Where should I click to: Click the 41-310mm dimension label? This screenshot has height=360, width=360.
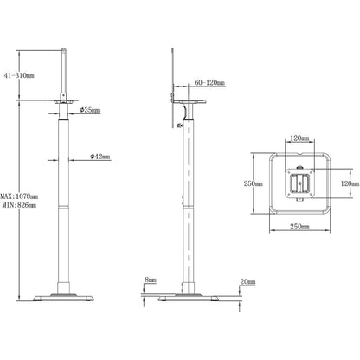pos(19,76)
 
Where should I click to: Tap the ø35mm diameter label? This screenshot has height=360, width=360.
pos(90,110)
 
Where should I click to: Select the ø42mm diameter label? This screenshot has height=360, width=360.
pos(100,157)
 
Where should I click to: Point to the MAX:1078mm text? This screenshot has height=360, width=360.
pos(19,196)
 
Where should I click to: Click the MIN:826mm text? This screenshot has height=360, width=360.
pos(19,205)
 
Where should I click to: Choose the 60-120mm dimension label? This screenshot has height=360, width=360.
pos(209,83)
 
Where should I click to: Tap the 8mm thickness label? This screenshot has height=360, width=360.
pos(151,280)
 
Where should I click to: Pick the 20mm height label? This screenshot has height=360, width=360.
pos(247,282)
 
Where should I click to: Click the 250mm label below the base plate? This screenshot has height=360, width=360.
pos(299,227)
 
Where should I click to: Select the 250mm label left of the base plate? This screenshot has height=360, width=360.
pos(254,183)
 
